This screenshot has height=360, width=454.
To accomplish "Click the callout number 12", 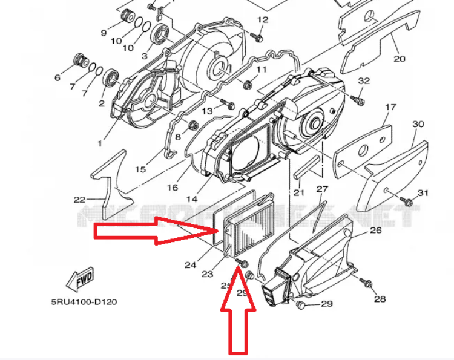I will [x=262, y=20].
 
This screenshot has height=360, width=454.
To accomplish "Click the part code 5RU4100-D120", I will [x=84, y=301].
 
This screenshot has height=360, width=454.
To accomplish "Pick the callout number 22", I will [x=79, y=200].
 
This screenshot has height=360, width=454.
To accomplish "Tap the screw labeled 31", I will [x=409, y=201].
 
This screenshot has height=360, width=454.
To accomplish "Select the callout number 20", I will [x=399, y=59].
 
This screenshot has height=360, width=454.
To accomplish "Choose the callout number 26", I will [x=376, y=230].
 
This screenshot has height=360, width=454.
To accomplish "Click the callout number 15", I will [x=140, y=169].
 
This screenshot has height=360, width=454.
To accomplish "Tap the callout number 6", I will [x=58, y=77].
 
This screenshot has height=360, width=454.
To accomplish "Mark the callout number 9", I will [x=103, y=32].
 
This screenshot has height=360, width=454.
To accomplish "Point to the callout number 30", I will [x=418, y=124].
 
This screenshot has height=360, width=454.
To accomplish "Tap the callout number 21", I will [x=298, y=192].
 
